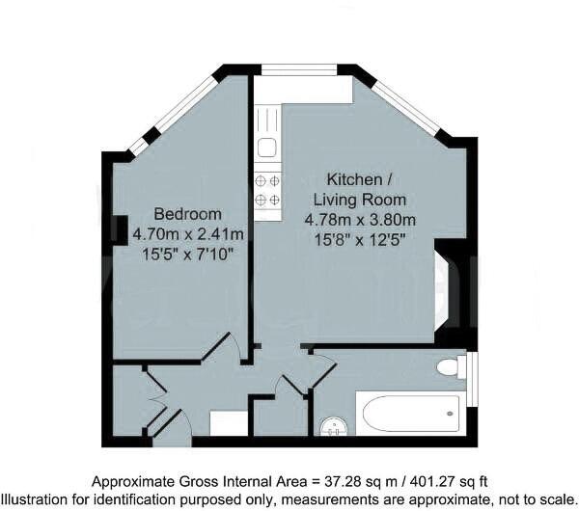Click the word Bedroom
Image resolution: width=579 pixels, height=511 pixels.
[188, 214]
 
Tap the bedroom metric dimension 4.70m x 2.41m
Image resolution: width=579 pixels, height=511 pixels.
[188, 233]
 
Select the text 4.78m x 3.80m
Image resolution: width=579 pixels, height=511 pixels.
[360, 219]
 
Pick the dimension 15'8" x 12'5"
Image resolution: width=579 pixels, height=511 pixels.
[360, 237]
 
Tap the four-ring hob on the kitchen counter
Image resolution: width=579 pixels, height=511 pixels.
[267, 191]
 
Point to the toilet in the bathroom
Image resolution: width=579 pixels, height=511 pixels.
[449, 367]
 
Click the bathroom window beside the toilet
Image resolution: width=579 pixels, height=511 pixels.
[472, 370]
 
